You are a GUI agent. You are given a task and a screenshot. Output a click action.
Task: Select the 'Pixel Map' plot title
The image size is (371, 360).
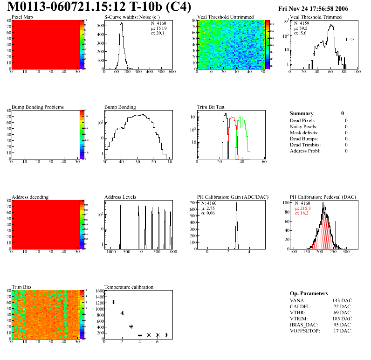tap(22, 17)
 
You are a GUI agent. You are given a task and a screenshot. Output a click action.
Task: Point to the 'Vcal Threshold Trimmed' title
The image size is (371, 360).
tap(316, 17)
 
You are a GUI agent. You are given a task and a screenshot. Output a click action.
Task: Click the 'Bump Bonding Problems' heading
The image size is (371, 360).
tap(38, 107)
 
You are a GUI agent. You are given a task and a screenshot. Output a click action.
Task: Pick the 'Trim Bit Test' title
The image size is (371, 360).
tap(211, 107)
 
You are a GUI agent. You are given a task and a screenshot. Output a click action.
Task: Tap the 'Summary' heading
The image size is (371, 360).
tap(302, 113)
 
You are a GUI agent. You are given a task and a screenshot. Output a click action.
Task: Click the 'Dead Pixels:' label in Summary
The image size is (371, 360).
tap(303, 121)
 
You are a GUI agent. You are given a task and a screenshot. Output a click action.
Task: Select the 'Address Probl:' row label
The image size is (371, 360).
tap(306, 151)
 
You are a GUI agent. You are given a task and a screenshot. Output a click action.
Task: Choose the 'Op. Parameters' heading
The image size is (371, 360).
tap(309, 293)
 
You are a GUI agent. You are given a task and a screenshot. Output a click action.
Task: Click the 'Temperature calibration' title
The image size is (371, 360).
tap(129, 287)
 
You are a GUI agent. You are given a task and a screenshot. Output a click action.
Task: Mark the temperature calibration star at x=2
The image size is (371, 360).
tap(122, 313)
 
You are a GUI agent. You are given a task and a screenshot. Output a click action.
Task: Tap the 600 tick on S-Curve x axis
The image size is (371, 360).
tap(172, 73)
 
